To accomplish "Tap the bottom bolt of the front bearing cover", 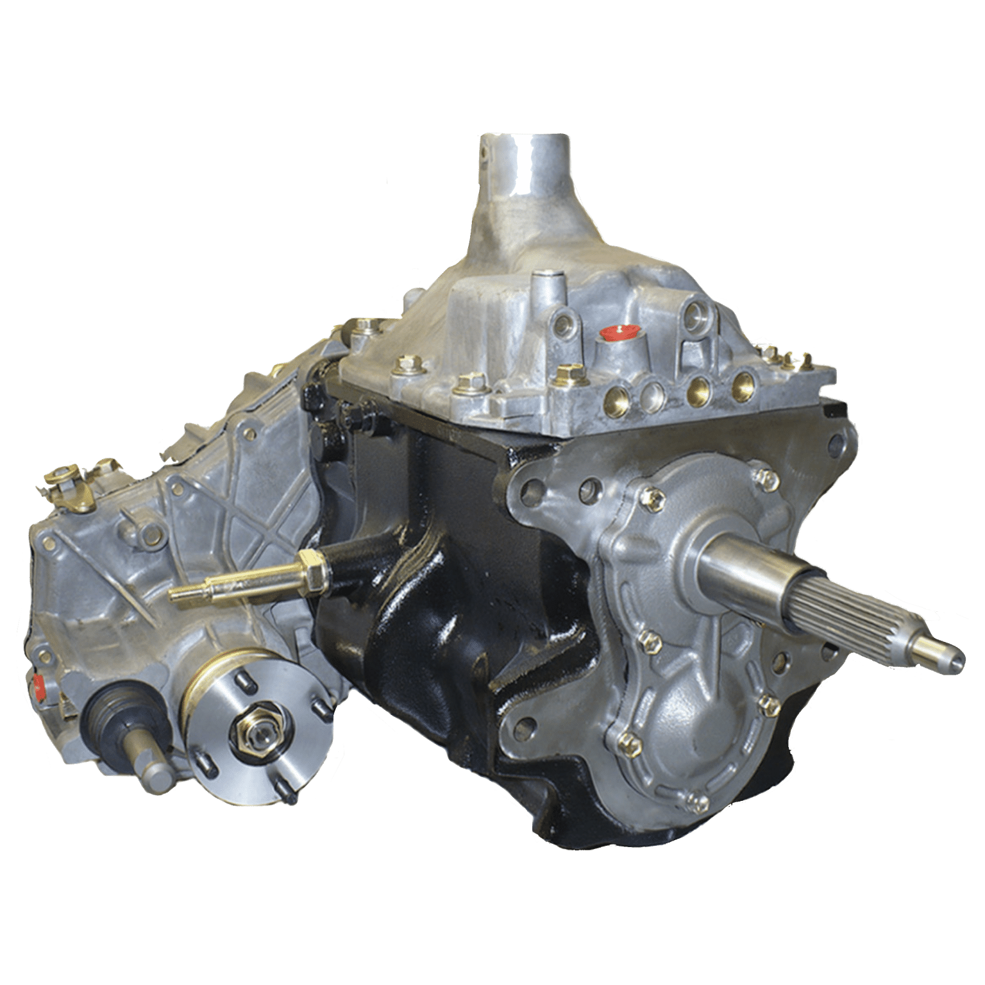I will coord(693,798).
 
